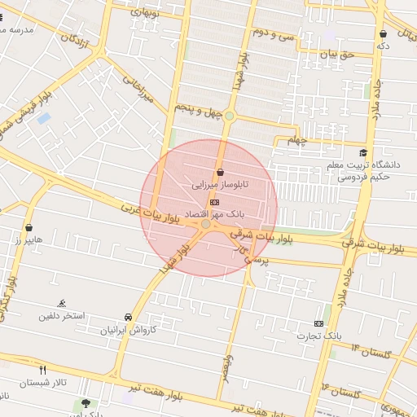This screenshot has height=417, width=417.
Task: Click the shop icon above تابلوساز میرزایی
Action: [x=221, y=171]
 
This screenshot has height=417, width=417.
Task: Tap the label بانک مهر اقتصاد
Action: [x=208, y=212]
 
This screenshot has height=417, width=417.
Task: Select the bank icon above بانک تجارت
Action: [x=318, y=323]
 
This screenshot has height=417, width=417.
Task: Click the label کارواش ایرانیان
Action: [x=127, y=331]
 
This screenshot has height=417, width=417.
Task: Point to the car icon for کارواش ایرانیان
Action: [x=128, y=317]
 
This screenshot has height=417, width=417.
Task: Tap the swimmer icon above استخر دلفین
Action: [x=63, y=303]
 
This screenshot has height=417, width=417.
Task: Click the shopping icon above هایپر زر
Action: [x=30, y=227]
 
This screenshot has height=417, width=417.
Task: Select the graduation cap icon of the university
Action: [x=363, y=153]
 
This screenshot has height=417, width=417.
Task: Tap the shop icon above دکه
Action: [x=383, y=34]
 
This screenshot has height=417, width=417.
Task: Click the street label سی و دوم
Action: [x=272, y=33]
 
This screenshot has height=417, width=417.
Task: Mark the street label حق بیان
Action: [x=333, y=54]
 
